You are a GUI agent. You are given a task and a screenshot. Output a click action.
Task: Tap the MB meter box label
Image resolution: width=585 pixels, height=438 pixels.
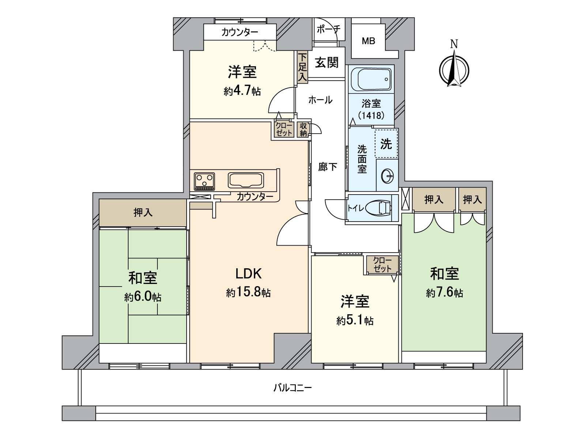pos(368,41)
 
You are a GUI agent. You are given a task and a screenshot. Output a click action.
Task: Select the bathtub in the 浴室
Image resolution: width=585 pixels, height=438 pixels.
pos(371,80)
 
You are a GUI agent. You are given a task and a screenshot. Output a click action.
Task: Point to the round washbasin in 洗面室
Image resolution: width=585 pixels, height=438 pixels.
pos(387,177)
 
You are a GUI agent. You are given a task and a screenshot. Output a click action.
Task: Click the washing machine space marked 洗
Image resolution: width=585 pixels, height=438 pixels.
pos(386,144)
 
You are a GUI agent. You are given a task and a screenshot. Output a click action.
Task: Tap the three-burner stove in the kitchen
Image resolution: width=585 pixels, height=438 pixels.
pos(204,181)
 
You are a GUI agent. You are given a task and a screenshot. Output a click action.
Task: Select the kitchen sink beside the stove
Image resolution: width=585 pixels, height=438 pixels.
pos(246,180)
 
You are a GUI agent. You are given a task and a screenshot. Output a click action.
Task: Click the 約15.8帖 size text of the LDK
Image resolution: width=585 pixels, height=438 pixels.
pos(248,292)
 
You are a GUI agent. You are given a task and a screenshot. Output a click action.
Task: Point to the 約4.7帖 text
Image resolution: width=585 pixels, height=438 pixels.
pos(242,91)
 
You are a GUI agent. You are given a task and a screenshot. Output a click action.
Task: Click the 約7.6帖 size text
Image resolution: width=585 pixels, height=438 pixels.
pos(444,293)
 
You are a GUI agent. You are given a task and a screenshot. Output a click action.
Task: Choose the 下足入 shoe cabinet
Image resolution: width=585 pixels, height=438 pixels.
pos(302,68)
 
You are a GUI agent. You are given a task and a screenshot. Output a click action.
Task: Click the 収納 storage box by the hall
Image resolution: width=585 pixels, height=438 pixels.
pos(303,130)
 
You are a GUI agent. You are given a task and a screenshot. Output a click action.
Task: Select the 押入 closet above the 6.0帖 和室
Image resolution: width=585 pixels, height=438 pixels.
pos(143,212)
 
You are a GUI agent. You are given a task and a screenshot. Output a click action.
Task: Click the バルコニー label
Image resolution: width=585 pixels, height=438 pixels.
pos(292,388)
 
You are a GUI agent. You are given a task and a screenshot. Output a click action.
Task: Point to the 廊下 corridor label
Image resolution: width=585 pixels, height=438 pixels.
pos(327,167)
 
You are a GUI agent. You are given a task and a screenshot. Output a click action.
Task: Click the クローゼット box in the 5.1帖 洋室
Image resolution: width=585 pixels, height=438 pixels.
pos(382,265)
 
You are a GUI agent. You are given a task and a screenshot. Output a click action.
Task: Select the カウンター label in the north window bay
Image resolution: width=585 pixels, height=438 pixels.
pos(239,32)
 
